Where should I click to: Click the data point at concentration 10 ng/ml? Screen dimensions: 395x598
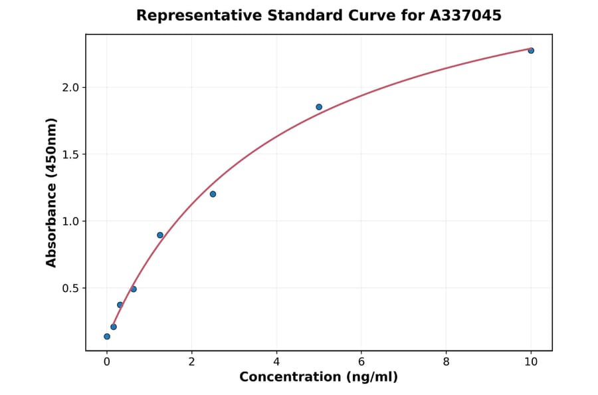point(531,51)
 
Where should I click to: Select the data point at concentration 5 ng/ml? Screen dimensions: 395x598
point(319,107)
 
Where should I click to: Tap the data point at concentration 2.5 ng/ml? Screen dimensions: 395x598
point(213,194)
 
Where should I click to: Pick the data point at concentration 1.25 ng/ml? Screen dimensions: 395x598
point(160,235)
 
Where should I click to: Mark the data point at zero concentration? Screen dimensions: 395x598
point(107,336)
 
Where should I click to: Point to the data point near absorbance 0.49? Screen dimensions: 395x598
point(134,289)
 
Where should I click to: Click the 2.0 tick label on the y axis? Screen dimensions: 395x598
point(70,88)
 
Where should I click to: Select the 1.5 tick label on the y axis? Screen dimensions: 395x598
point(70,154)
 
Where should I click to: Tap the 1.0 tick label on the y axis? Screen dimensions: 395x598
point(70,221)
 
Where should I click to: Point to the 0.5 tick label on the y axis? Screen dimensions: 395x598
point(70,288)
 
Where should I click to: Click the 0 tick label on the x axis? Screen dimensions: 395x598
point(107,362)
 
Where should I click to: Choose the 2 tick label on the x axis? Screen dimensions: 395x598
point(191,362)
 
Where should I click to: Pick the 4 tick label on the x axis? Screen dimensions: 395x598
point(276,362)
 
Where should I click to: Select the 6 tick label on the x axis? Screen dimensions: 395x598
point(361,362)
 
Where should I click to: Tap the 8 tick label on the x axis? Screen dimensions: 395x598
point(446,362)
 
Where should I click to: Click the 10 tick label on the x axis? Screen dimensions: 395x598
point(531,362)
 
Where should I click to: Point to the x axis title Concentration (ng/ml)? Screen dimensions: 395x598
point(319,378)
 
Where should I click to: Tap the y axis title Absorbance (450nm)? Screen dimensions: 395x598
point(52,192)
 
